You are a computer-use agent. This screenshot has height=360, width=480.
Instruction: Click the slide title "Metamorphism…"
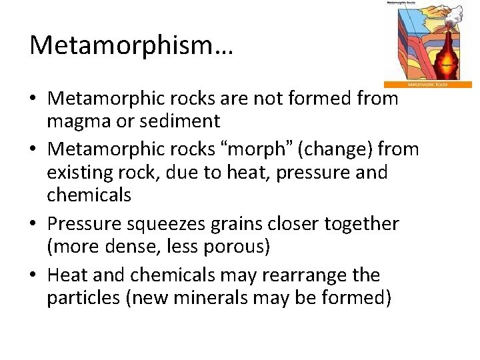tap(131, 45)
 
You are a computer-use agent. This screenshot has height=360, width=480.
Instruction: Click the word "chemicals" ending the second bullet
tap(89, 195)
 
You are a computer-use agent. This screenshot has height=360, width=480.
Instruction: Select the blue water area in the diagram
tap(408, 27)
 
